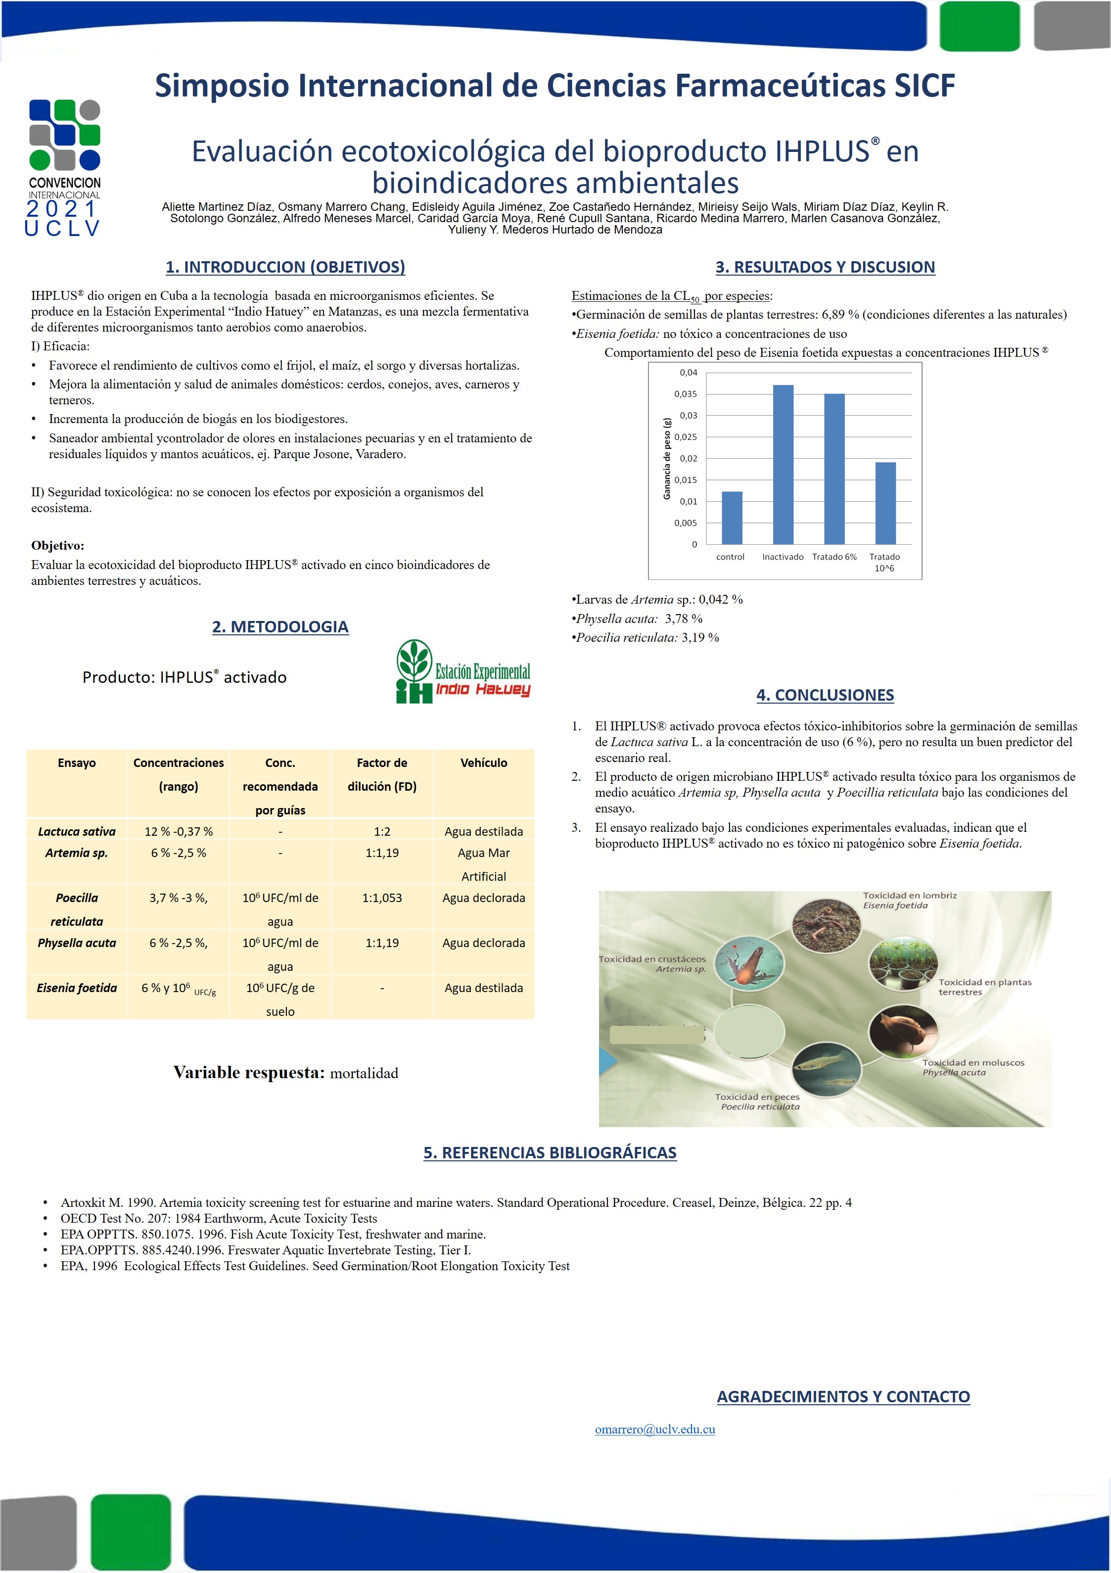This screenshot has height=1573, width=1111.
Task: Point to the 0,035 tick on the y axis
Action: coord(686,394)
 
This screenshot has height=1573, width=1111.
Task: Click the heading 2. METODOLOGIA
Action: coord(280,626)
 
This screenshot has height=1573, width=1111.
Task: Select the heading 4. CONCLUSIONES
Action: coord(825,695)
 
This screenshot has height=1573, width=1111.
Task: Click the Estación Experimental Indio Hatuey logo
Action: coord(463,672)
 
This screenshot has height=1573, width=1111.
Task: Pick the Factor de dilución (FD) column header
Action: coord(381,774)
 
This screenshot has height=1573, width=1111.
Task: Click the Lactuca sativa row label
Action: coord(77,831)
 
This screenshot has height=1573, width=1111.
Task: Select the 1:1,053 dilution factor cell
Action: coord(381,898)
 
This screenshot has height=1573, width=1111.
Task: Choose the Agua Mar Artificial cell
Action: coord(484,864)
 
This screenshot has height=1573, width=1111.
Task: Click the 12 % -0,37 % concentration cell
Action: coord(178,831)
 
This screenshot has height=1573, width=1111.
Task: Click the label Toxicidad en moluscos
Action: coord(972,1062)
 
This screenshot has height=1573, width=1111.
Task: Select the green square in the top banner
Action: coord(979,26)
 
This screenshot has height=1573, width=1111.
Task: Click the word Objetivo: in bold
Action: coord(57,545)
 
